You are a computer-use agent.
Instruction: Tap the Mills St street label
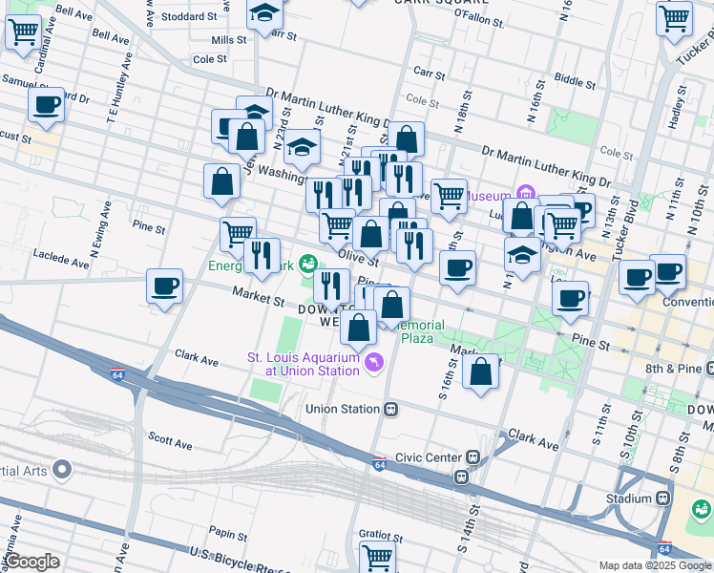[x=229, y=40]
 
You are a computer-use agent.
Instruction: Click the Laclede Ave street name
[x=53, y=256]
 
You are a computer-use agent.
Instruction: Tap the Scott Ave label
[x=172, y=445]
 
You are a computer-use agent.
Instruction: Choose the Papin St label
[x=228, y=534]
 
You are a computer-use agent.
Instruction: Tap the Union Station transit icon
[x=390, y=409]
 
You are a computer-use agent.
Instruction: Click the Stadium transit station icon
[x=662, y=499]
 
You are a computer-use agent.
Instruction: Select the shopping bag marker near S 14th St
[x=481, y=371]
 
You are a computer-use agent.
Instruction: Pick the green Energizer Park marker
[x=308, y=263]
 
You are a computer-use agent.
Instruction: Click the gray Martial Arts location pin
[x=62, y=469]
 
